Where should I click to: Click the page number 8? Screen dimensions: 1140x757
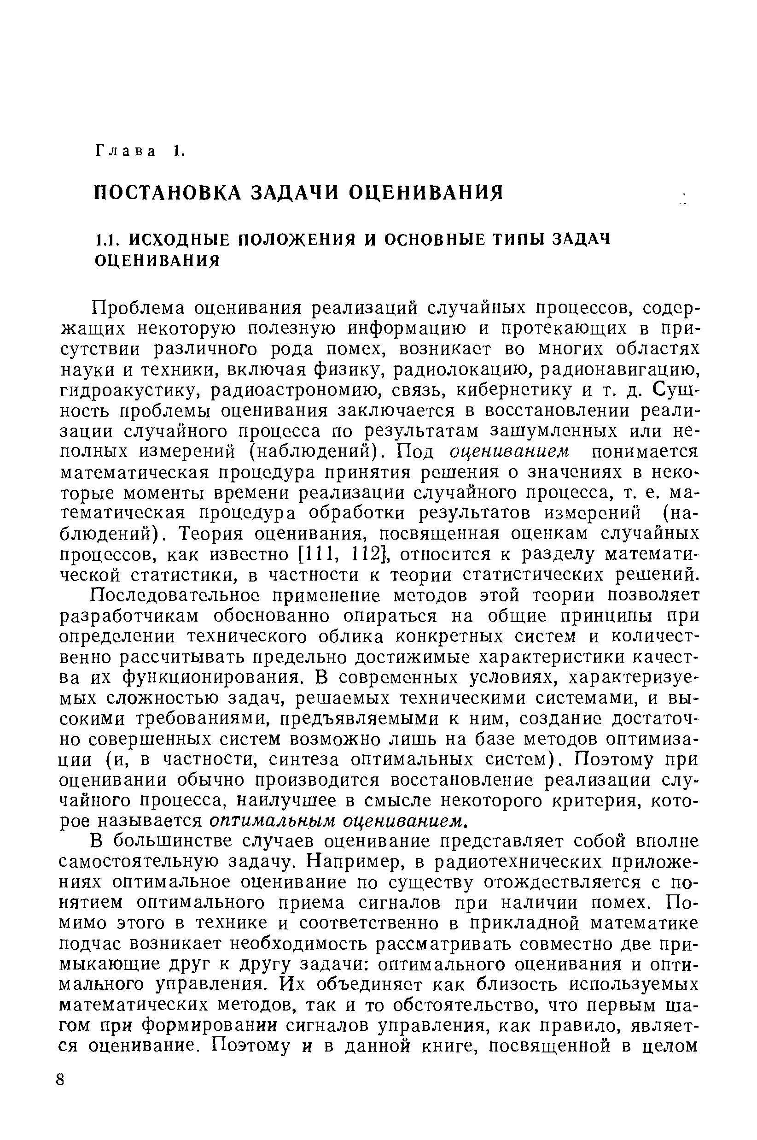[x=60, y=1092]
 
